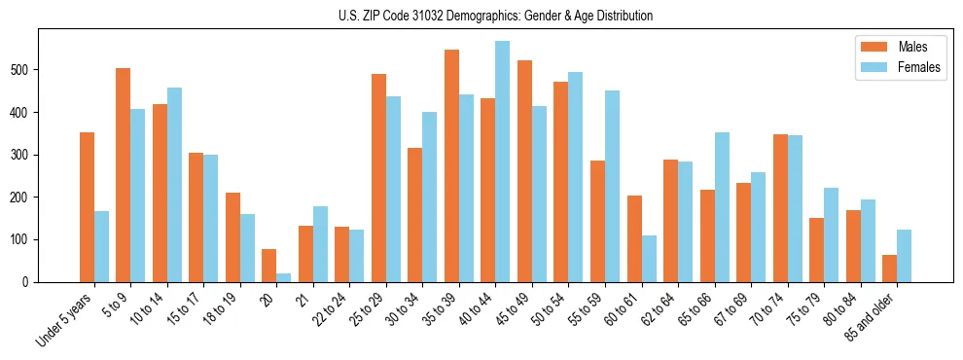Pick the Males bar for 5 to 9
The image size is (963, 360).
tap(124, 175)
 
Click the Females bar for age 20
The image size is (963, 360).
tap(283, 277)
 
